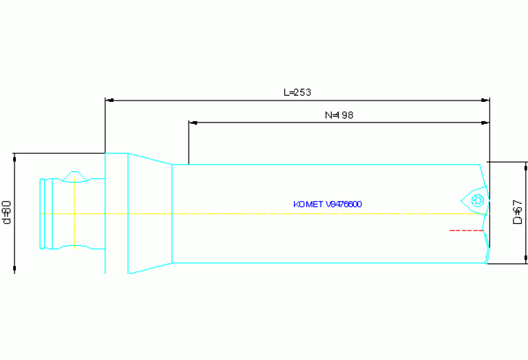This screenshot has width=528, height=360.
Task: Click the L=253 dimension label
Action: pyautogui.click(x=297, y=92)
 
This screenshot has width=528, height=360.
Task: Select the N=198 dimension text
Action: pyautogui.click(x=339, y=115)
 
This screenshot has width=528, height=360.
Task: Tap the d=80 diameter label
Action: pyautogui.click(x=7, y=212)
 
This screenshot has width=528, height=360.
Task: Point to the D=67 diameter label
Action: pyautogui.click(x=518, y=212)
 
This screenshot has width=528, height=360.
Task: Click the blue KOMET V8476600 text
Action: pyautogui.click(x=328, y=204)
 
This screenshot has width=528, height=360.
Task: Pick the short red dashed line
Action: pyautogui.click(x=465, y=230)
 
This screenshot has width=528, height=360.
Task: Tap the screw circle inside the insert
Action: pyautogui.click(x=478, y=200)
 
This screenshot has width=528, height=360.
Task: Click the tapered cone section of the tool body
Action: pyautogui.click(x=149, y=213)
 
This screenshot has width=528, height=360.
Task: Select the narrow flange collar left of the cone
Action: pyautogui.click(x=116, y=213)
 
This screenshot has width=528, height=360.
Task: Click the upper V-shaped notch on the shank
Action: pyautogui.click(x=74, y=177)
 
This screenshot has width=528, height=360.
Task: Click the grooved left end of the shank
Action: pyautogui.click(x=45, y=213)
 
